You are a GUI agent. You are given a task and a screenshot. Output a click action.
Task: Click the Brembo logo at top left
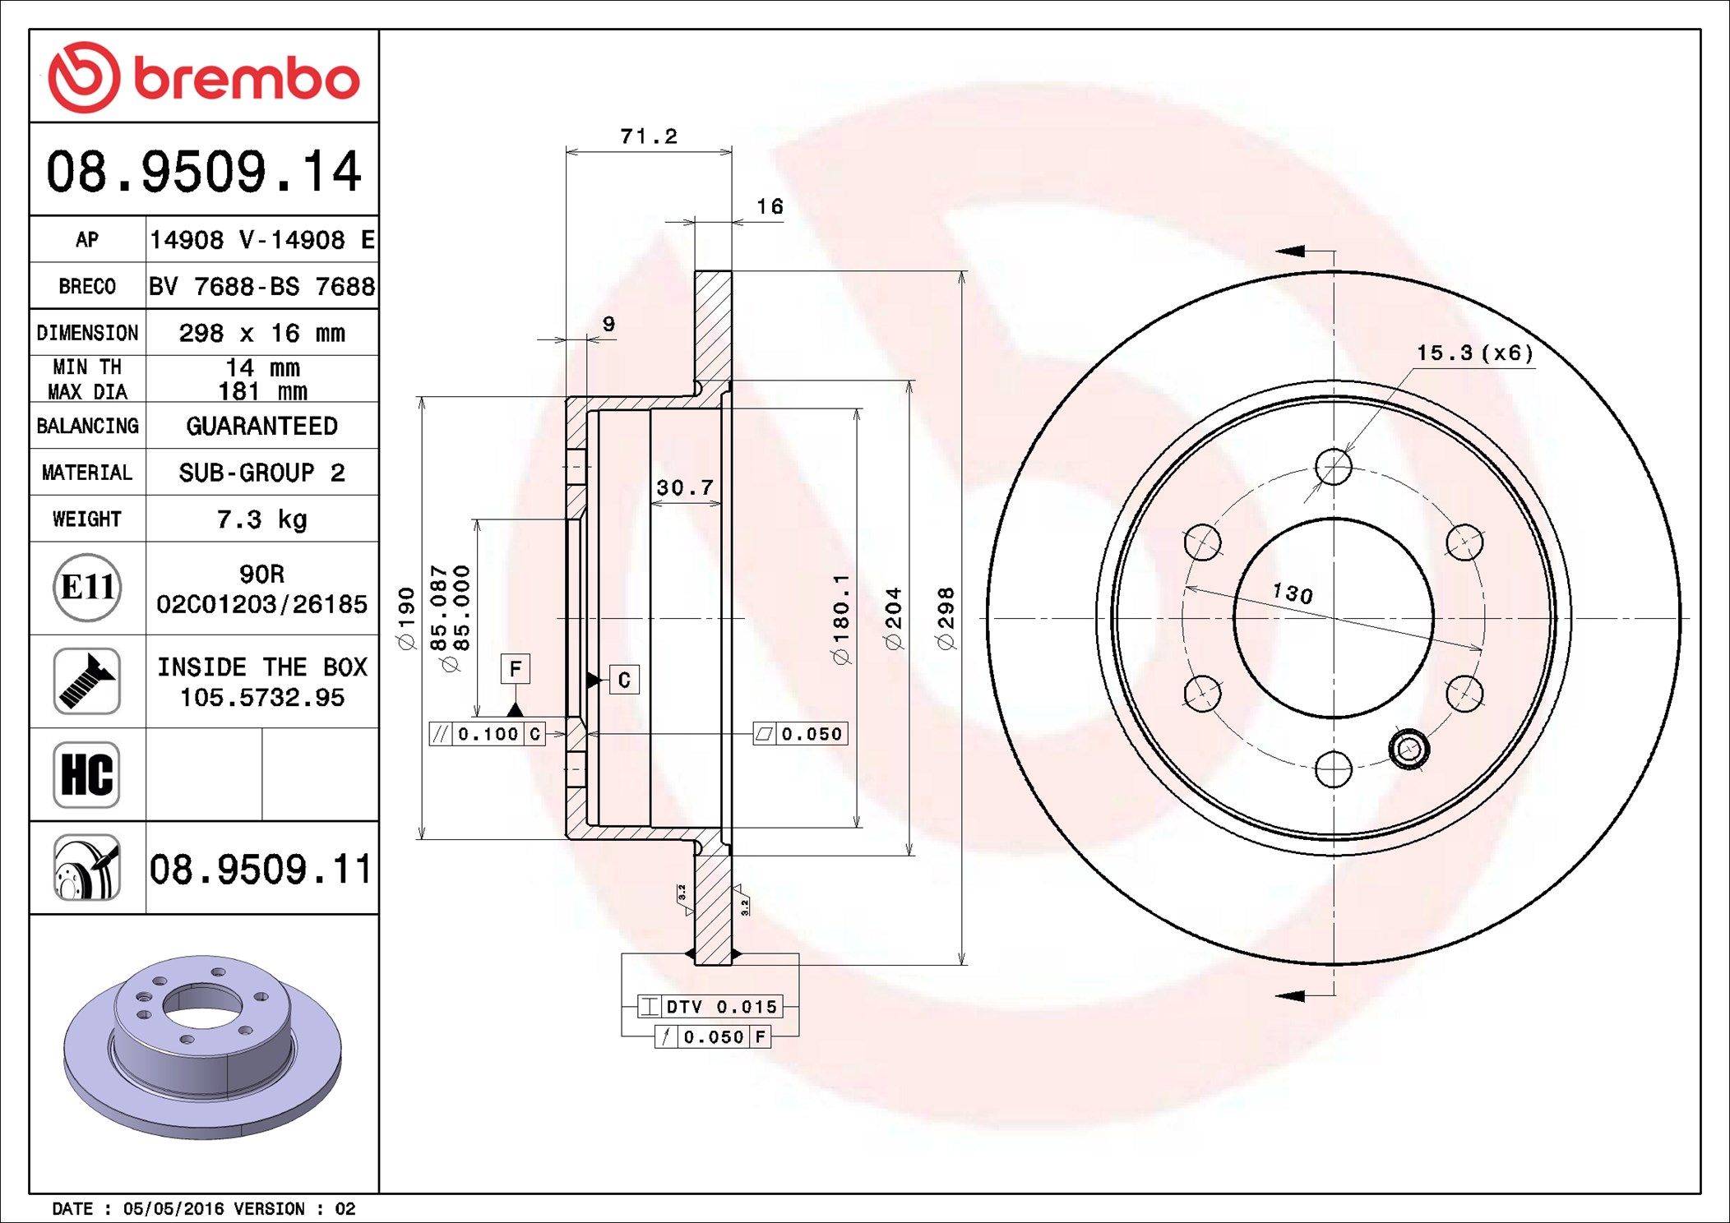pyautogui.click(x=204, y=77)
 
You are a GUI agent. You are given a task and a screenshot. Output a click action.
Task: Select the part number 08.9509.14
pyautogui.click(x=204, y=171)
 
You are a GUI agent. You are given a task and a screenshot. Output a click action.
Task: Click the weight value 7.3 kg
pyautogui.click(x=261, y=519)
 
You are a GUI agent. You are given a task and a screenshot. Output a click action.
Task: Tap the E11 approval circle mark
pyautogui.click(x=87, y=587)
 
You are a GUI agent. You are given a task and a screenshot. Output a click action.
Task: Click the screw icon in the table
pyautogui.click(x=87, y=681)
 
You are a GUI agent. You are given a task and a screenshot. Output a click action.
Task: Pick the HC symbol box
pyautogui.click(x=87, y=774)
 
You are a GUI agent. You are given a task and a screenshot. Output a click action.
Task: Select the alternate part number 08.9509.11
pyautogui.click(x=261, y=869)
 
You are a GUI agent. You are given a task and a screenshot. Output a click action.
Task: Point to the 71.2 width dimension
pyautogui.click(x=649, y=136)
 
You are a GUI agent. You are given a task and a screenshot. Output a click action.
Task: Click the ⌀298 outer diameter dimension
pyautogui.click(x=946, y=618)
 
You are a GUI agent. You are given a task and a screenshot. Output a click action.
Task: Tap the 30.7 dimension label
pyautogui.click(x=685, y=487)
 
